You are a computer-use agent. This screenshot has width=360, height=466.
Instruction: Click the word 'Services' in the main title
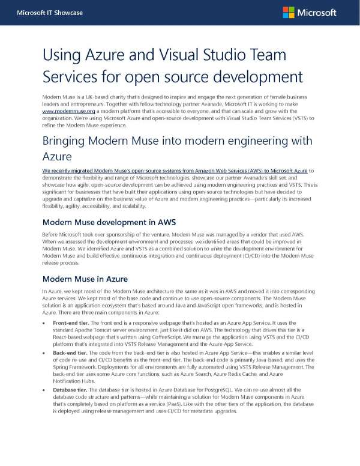click(x=71, y=77)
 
